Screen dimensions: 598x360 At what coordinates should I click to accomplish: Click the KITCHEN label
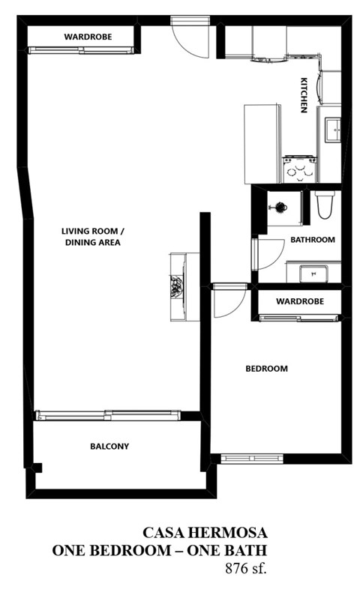click(x=304, y=94)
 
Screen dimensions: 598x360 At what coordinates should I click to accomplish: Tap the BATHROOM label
click(x=312, y=240)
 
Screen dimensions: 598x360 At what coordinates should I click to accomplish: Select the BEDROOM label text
click(x=267, y=369)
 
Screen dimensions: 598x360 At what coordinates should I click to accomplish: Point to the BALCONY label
click(x=109, y=447)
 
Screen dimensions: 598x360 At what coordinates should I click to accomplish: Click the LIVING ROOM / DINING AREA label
click(x=91, y=237)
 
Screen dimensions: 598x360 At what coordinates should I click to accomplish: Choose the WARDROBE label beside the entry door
click(x=82, y=36)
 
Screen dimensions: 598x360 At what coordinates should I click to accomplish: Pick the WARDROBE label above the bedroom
click(x=298, y=301)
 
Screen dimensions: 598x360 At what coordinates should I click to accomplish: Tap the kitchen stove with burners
click(x=298, y=169)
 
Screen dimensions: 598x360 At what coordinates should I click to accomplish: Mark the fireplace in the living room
click(x=178, y=286)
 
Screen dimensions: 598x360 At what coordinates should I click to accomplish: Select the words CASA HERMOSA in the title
click(x=205, y=533)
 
